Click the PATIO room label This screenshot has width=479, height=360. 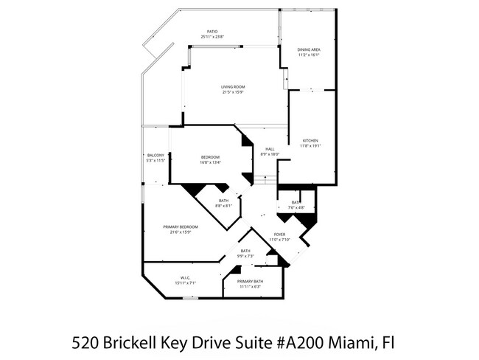click(211, 32)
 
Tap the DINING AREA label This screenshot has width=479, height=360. click(309, 49)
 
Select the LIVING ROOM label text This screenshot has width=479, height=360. click(233, 87)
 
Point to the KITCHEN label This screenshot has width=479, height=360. click(309, 141)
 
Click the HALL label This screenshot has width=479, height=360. click(270, 149)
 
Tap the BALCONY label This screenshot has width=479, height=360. click(155, 155)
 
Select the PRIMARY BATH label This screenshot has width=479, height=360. click(250, 281)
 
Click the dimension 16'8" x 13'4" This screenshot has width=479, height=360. click(211, 162)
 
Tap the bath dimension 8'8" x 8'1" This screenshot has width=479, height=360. click(224, 205)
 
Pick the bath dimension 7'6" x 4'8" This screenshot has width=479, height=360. click(296, 207)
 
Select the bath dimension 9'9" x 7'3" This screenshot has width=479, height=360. click(246, 256)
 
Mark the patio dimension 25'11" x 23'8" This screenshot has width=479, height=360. click(211, 37)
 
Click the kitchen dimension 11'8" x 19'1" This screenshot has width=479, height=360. click(309, 146)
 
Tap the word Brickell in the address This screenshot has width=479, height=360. click(132, 343)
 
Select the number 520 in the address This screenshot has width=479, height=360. click(85, 343)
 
